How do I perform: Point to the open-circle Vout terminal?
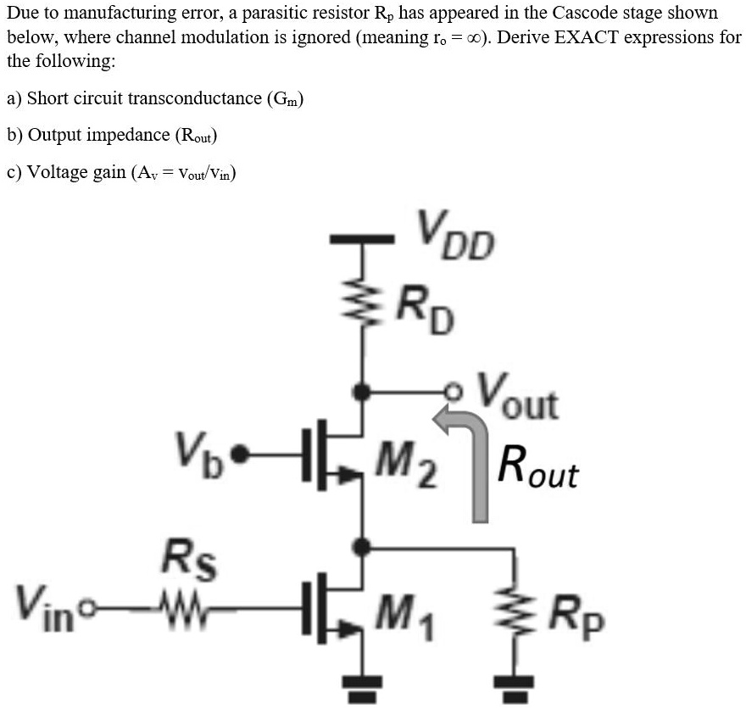coord(463,392)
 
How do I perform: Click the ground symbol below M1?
coord(365,686)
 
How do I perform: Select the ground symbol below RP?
coord(514,686)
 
